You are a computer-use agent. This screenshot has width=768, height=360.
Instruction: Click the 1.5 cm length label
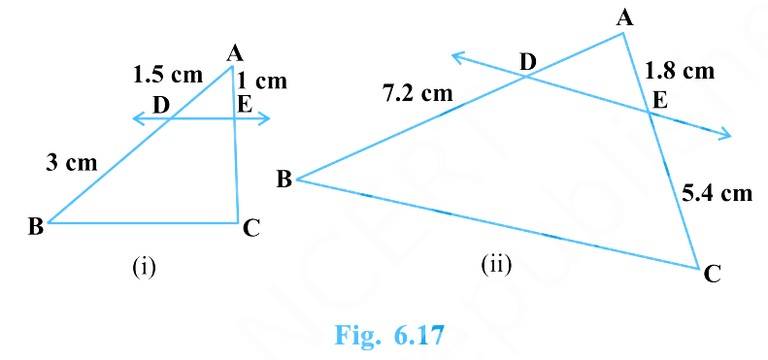[x=168, y=73]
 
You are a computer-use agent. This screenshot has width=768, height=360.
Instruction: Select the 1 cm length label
[x=262, y=82]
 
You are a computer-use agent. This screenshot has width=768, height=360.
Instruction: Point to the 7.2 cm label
[x=418, y=94]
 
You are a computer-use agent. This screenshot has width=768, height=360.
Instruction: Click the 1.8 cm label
[x=680, y=71]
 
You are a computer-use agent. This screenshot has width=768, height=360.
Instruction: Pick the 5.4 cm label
[x=718, y=193]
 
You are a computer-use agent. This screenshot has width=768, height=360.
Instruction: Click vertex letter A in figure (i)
[x=234, y=54]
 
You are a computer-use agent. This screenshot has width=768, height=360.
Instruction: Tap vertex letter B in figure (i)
[x=35, y=227]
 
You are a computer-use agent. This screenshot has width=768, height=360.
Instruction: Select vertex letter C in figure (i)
[x=251, y=228]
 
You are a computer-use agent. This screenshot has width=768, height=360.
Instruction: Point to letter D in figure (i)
[x=160, y=104]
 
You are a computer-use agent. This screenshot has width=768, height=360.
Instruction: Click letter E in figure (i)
[x=244, y=103]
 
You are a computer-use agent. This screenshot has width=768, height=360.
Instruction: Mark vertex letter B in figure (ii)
[x=284, y=179]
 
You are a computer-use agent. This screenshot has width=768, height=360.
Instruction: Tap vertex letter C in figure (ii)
[x=712, y=275]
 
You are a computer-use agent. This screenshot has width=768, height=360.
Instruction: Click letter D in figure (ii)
[x=527, y=63]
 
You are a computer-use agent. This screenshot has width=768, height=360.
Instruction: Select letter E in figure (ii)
[x=660, y=99]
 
